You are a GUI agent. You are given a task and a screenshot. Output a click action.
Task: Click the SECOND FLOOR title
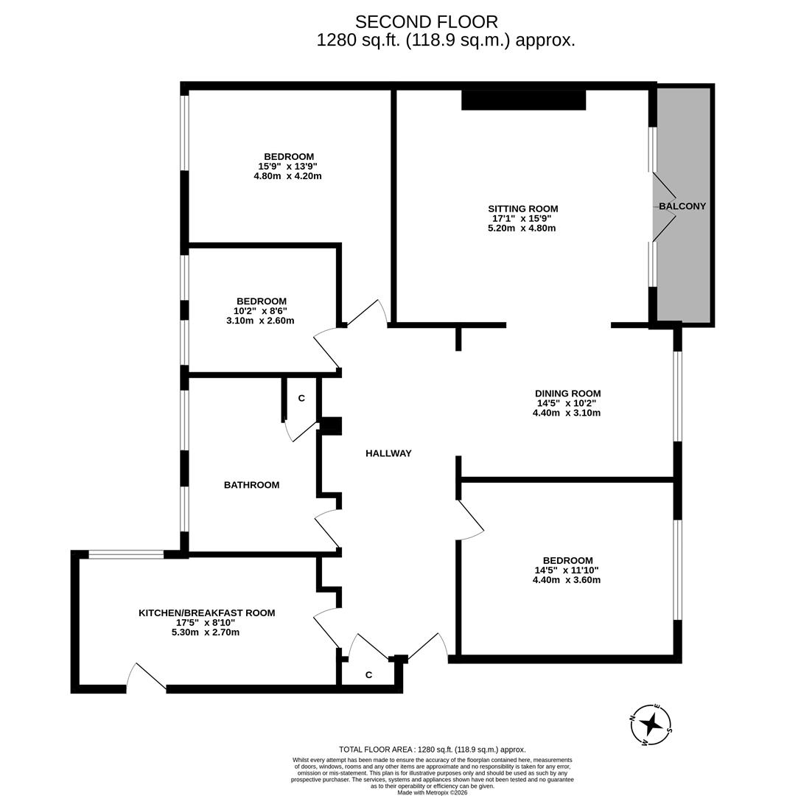point(426,22)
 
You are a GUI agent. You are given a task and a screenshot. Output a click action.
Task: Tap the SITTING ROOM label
point(522,209)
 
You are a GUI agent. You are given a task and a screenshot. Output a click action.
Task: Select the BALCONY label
point(682,206)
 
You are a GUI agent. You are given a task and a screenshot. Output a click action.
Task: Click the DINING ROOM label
point(567,394)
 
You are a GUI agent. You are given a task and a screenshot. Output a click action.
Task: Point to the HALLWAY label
point(388,453)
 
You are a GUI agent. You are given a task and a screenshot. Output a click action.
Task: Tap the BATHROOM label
point(251,485)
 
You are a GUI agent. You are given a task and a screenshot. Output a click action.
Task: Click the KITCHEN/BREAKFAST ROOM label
point(206,612)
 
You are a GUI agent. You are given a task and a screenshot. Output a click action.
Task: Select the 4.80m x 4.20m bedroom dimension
point(287,176)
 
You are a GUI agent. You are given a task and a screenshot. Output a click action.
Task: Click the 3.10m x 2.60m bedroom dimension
point(260,321)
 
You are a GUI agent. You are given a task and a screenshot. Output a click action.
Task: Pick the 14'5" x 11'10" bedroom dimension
point(566,570)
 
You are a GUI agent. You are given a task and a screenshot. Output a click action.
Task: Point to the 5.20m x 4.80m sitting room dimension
point(522,228)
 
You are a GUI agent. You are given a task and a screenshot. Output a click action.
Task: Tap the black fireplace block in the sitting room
point(523,99)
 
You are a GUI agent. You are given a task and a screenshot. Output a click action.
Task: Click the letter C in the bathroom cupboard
point(301,398)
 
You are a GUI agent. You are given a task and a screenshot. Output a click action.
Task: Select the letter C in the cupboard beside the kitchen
point(368,675)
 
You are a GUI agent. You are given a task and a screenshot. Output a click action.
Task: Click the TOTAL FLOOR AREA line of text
point(432,750)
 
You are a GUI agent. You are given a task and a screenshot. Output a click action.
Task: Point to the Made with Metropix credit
point(432,792)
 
